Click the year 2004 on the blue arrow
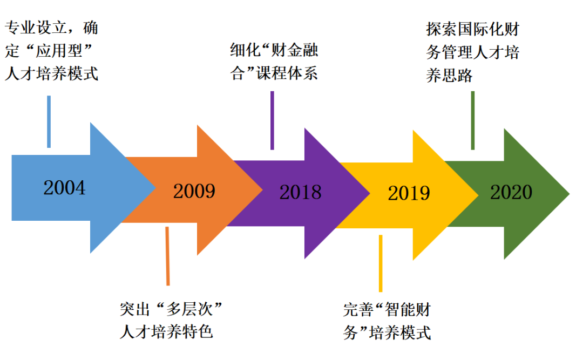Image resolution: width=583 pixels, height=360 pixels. (64, 187)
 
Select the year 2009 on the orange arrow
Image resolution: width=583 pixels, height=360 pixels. (194, 191)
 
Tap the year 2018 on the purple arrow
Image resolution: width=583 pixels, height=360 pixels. (301, 192)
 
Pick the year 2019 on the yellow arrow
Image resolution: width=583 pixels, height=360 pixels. (409, 193)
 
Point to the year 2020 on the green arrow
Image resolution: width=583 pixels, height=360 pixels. (511, 192)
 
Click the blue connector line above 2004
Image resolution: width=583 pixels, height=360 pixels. (49, 121)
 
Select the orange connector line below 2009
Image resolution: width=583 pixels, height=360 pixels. (167, 256)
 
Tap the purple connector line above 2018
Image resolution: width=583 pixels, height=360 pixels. (272, 120)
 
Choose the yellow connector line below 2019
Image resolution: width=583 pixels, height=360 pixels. (381, 263)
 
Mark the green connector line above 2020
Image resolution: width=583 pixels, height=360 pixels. (472, 120)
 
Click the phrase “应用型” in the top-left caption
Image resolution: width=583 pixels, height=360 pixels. (59, 51)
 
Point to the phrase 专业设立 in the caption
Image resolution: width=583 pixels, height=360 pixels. (36, 28)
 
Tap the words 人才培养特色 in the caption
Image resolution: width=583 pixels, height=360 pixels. (166, 332)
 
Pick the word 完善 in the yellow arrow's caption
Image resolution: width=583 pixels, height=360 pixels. (358, 310)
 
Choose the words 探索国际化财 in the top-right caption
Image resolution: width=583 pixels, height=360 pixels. (472, 29)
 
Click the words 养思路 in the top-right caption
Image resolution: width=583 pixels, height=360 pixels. (449, 76)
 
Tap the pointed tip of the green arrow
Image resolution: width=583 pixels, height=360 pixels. (570, 193)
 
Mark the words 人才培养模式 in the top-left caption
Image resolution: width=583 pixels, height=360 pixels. (51, 73)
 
